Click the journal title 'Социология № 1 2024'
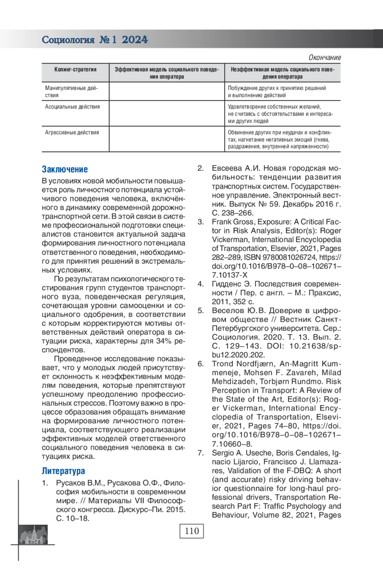[x=95, y=40]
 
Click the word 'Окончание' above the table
[x=324, y=58]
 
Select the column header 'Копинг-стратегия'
[x=75, y=70]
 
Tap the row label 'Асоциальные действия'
[x=72, y=107]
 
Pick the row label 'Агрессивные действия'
[x=72, y=132]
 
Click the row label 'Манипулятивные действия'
[x=71, y=92]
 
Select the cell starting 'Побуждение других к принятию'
[x=277, y=92]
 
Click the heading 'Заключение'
[x=65, y=169]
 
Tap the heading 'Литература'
[x=64, y=471]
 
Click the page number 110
[x=191, y=531]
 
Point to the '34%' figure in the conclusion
[x=163, y=341]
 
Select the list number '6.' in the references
[x=200, y=364]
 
